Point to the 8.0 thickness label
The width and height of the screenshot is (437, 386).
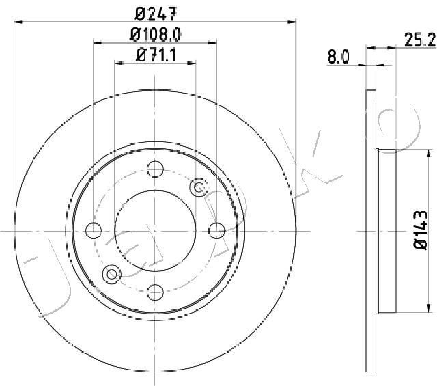pos(338,58)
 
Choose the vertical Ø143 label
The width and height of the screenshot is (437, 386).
pos(421,233)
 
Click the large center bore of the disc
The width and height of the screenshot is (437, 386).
pos(155,230)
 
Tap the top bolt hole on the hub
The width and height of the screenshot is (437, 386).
pos(155,167)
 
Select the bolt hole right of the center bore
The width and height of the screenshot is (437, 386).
pos(218,230)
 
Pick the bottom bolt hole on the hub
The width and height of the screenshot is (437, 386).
pos(155,293)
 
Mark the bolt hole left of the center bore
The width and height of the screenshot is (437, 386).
pos(93,230)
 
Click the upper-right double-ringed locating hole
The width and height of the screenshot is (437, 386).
pos(199,186)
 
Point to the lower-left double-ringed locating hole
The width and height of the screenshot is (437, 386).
pos(111,275)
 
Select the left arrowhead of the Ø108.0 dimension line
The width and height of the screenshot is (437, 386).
pos(96,43)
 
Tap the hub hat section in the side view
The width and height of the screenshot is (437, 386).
pos(386,232)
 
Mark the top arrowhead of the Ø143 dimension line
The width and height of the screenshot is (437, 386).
pos(402,152)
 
